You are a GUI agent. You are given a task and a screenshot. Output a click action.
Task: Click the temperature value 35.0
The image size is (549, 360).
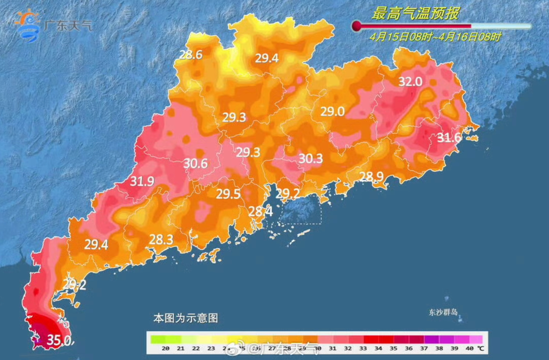pyautogui.click(x=59, y=341)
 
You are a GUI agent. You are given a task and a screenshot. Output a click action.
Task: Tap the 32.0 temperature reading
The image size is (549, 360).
pyautogui.click(x=410, y=81)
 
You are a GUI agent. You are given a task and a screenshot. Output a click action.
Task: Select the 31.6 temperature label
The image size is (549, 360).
pyautogui.click(x=449, y=138)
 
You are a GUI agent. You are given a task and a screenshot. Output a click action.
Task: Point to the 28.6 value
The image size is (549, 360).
pyautogui.click(x=191, y=55)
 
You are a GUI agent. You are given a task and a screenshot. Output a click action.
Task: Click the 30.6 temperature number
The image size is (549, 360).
pyautogui.click(x=195, y=163)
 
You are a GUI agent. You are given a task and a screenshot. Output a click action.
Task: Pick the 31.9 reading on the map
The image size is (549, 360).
pyautogui.click(x=142, y=181)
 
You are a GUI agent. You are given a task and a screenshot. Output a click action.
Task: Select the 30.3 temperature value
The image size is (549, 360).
pyautogui.click(x=311, y=158)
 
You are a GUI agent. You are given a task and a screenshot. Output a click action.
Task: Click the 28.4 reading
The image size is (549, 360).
pyautogui.click(x=261, y=211)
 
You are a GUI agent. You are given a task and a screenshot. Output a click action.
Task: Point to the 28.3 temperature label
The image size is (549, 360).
pyautogui.click(x=161, y=239)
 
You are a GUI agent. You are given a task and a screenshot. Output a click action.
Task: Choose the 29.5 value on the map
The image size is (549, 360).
pyautogui.click(x=228, y=194)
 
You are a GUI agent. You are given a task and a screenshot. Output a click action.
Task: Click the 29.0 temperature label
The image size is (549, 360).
pyautogui.click(x=333, y=112)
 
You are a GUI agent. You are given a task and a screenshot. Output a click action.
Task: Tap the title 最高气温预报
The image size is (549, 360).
pyautogui.click(x=415, y=14)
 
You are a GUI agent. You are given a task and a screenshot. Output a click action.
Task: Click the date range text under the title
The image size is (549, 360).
pyautogui.click(x=435, y=37)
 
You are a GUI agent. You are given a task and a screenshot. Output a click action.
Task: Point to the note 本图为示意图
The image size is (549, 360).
pyautogui.click(x=186, y=318)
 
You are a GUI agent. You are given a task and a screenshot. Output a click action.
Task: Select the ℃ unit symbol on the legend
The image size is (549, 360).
pyautogui.click(x=480, y=348)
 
